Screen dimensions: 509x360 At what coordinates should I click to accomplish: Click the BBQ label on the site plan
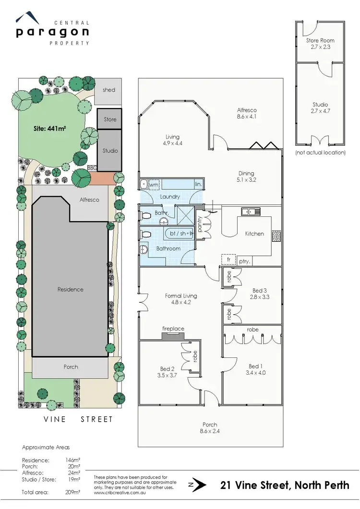[x=92, y=168]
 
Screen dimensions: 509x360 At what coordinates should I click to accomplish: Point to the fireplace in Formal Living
[x=173, y=335]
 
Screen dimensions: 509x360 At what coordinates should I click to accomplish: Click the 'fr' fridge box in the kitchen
[x=228, y=259]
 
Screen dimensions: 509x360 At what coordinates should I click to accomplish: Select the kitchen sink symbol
[x=251, y=211]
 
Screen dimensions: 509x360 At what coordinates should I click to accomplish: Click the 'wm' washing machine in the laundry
[x=154, y=184]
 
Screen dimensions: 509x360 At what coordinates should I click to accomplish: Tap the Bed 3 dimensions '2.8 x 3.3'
[x=258, y=297]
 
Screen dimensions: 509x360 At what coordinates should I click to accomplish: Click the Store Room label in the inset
[x=320, y=41]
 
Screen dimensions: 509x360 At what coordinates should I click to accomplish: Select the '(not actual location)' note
[x=320, y=153]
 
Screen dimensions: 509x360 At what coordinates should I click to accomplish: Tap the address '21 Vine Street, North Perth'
[x=285, y=485]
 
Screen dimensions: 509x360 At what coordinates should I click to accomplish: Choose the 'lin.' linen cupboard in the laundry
[x=198, y=184]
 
